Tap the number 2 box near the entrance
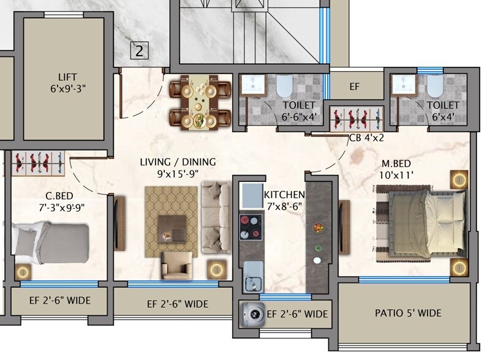pos(139,51)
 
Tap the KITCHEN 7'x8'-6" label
pos(284,200)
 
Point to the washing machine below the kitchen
pos(251,313)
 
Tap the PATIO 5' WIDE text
pos(407,313)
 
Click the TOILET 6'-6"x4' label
pos(299,111)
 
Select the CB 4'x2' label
pos(367,138)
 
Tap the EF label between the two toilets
pos(354,87)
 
